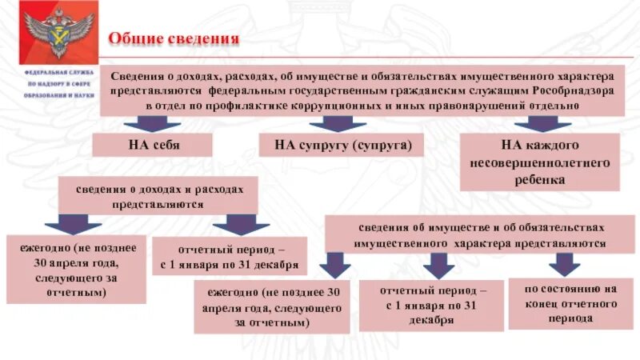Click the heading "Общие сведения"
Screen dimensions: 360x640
[174, 39]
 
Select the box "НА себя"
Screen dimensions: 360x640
[152, 146]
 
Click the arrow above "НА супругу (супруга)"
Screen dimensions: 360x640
[337, 123]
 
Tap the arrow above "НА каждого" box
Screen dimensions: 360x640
[543, 123]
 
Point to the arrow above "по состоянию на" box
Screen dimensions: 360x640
[565, 264]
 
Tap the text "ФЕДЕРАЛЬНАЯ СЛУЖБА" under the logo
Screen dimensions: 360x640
[58, 72]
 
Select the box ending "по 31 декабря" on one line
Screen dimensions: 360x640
[230, 256]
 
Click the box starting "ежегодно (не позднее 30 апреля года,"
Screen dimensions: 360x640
[75, 269]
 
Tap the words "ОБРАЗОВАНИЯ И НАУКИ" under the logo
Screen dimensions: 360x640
[58, 94]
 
